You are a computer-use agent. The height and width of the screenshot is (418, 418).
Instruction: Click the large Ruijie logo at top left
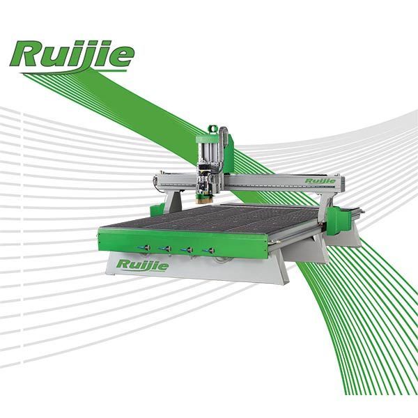tap(72, 56)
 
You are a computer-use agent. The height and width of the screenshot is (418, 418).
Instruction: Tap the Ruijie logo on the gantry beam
tap(320, 181)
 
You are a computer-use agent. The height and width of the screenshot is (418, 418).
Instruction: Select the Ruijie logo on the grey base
tap(143, 265)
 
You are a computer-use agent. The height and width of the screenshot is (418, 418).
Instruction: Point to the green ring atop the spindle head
tap(212, 129)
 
